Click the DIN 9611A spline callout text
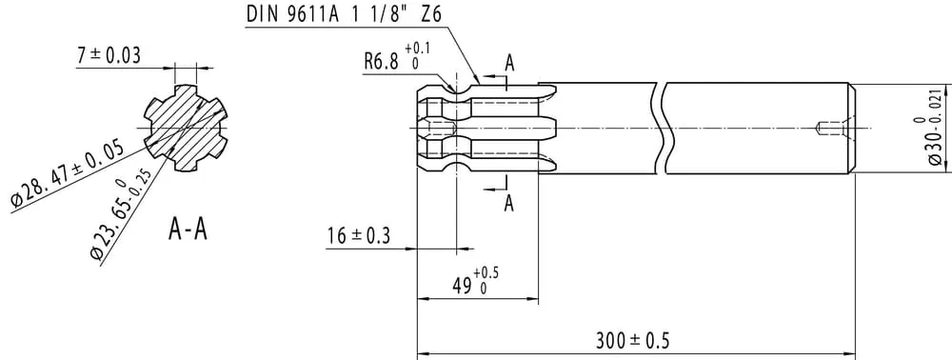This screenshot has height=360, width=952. [x=343, y=14]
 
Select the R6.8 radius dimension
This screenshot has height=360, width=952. [x=396, y=58]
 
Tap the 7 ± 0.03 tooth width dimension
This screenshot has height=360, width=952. [x=109, y=55]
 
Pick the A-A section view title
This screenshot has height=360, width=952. [x=188, y=230]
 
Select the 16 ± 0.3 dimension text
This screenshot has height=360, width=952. [x=359, y=235]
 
